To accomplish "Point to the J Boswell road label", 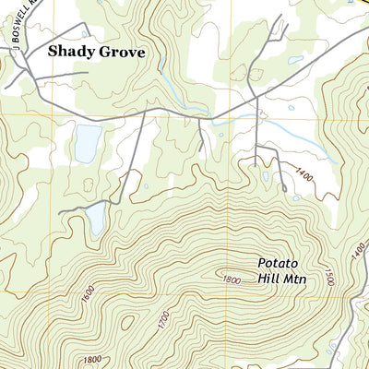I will tap(18, 23).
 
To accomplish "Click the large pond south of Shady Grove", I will tap(88, 142).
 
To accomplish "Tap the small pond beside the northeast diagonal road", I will tap(294, 61).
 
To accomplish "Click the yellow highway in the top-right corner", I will tap(355, 4).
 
